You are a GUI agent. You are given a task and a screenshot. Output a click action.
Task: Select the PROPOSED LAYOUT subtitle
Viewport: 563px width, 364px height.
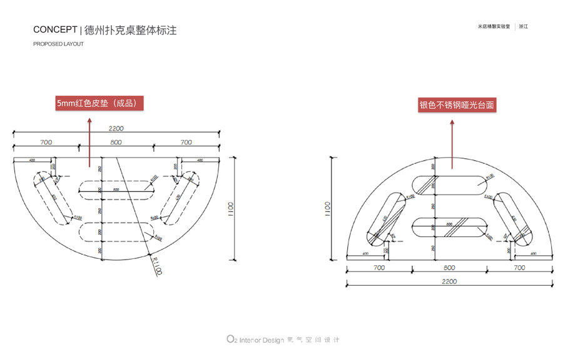coord(58,44)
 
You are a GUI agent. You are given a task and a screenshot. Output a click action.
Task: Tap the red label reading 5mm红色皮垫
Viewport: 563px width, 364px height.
coord(99,103)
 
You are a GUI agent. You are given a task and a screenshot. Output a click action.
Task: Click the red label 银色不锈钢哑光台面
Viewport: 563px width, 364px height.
coord(457,105)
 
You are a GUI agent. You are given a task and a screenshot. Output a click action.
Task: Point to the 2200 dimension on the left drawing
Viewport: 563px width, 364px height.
coord(116,129)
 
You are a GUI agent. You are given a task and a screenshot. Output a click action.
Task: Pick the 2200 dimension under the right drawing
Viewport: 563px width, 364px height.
coord(449,281)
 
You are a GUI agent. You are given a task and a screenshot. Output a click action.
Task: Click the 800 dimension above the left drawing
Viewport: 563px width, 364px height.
coord(116,143)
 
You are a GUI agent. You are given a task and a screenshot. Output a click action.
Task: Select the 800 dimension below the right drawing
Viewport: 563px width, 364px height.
coord(449,268)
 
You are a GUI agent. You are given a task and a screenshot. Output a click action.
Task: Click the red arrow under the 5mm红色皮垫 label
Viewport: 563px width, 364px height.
coord(89,138)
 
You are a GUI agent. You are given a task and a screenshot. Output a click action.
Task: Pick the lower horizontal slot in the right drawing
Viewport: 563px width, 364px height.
coord(449,227)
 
